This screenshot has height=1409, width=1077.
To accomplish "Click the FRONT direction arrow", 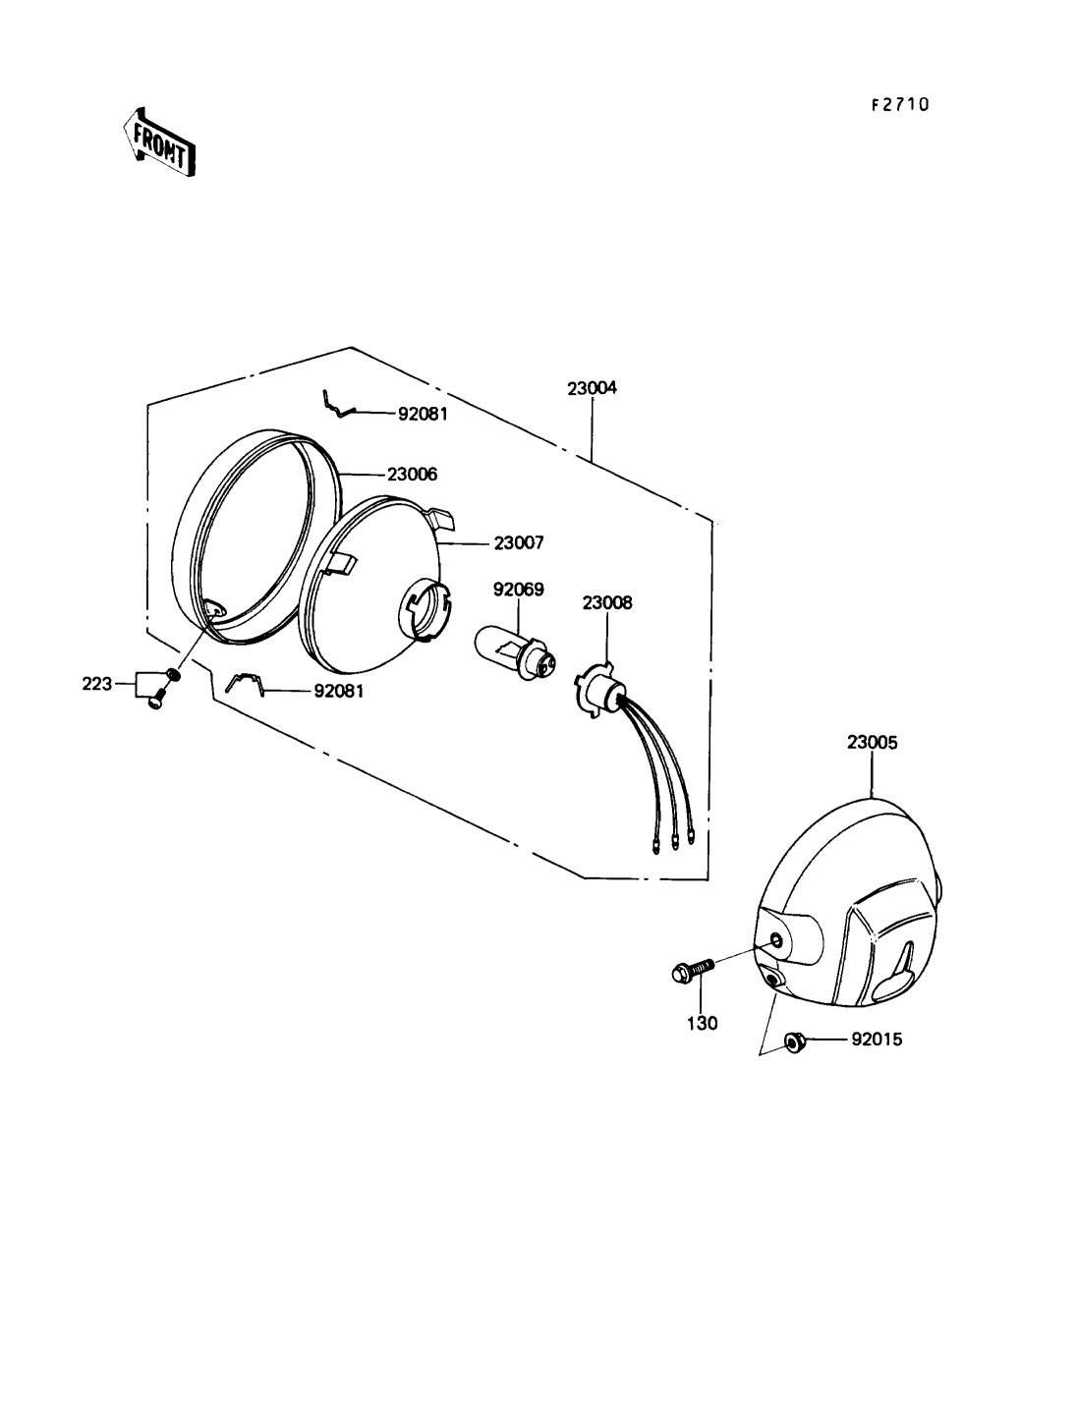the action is (x=158, y=141).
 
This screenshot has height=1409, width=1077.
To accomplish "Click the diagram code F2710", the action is (x=900, y=104).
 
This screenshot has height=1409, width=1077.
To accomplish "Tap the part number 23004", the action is (x=592, y=388).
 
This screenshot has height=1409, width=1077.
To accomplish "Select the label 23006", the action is (x=412, y=474).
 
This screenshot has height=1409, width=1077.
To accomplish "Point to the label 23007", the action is (x=519, y=542).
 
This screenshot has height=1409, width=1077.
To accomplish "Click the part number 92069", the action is (x=518, y=589).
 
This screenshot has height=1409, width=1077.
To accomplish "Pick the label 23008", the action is (x=607, y=602).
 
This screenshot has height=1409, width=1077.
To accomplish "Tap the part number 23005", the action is (x=873, y=742).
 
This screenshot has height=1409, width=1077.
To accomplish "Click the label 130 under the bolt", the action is (x=702, y=1023).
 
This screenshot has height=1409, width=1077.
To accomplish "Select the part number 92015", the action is (x=877, y=1039).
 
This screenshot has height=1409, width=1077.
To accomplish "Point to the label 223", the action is (x=97, y=684).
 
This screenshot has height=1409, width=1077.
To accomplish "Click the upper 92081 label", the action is (x=423, y=414).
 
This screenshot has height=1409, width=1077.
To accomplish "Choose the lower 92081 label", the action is (x=338, y=692).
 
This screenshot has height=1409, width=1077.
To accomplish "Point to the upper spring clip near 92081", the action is (x=338, y=405).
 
